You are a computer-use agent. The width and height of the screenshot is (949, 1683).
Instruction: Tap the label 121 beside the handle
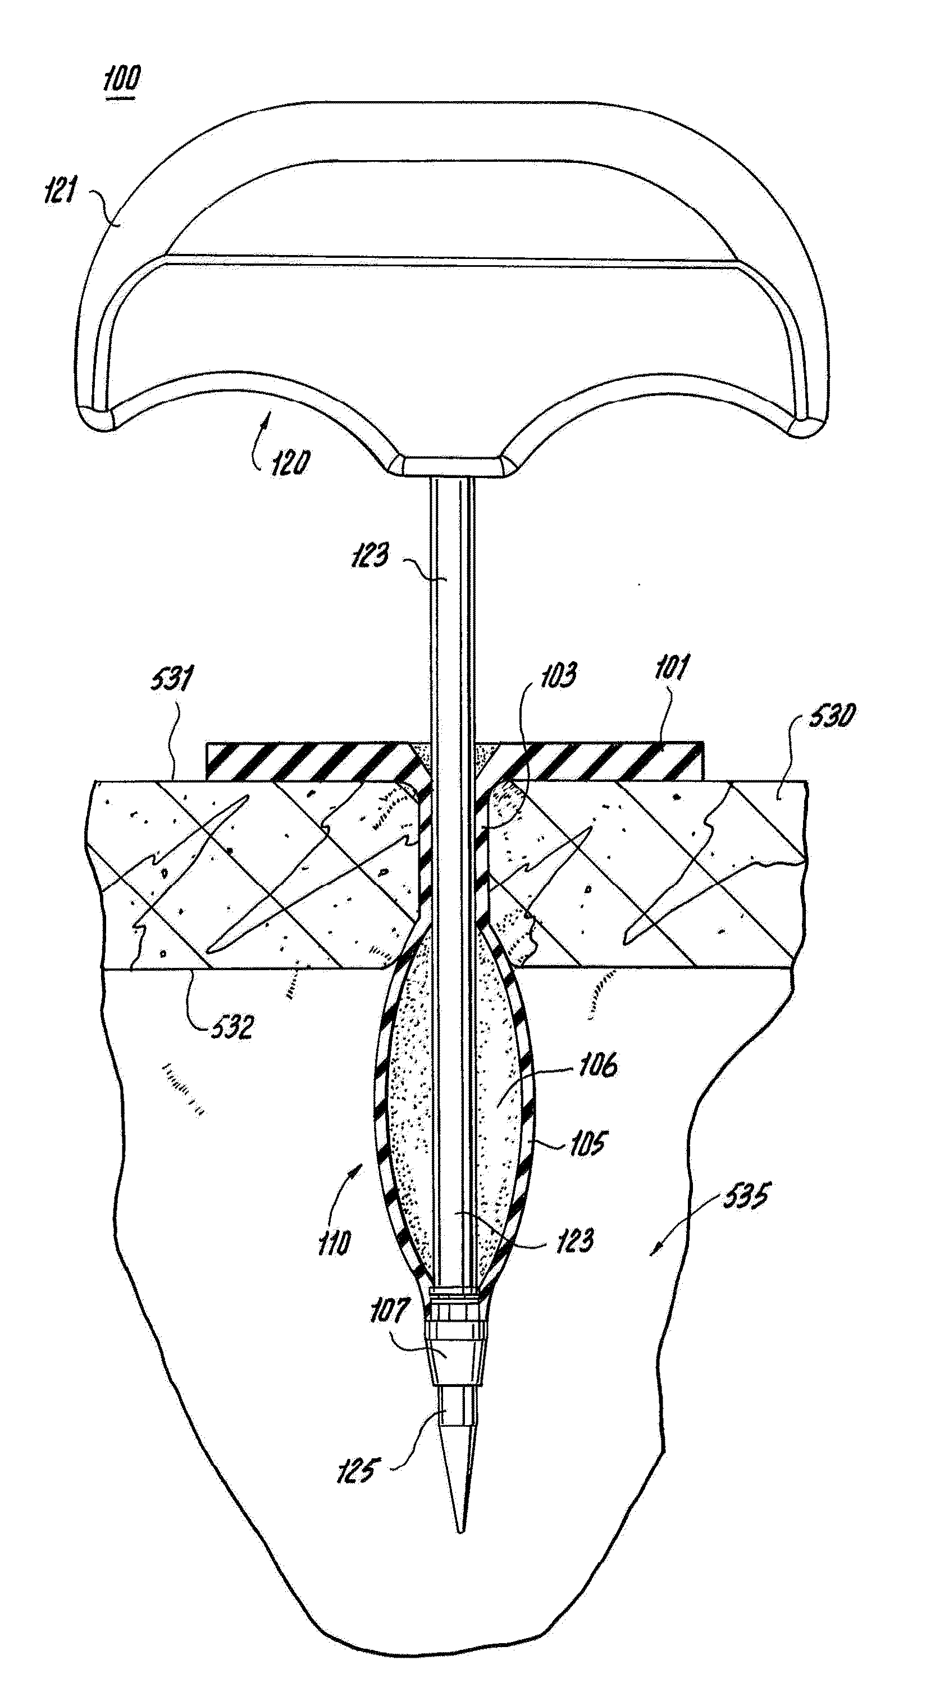[x=60, y=191]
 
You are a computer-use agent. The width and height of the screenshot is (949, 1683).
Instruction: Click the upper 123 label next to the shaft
[x=370, y=556]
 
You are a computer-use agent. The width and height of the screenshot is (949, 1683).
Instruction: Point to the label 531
[x=171, y=680]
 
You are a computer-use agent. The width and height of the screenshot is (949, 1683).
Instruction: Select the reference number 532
[x=232, y=1027]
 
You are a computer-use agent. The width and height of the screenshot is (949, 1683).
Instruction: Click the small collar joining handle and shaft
[x=452, y=466]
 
